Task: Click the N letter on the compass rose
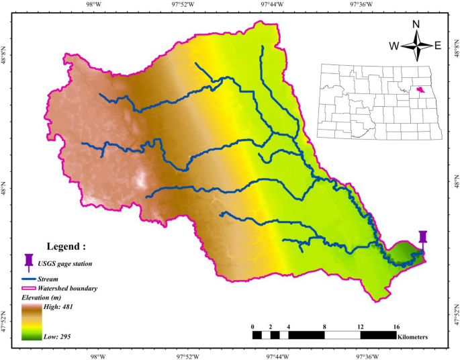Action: (x=416, y=25)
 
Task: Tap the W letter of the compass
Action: (x=394, y=46)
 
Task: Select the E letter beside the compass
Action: (x=437, y=46)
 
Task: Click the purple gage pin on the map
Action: (x=422, y=238)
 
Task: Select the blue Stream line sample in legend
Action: (x=30, y=277)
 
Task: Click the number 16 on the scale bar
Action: (x=396, y=326)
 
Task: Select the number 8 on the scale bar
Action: (x=324, y=326)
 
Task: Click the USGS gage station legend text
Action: (x=75, y=264)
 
